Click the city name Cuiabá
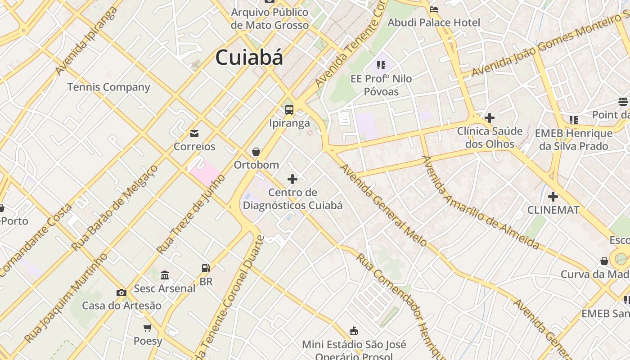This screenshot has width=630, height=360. [249, 58]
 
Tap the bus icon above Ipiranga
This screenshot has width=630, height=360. [289, 109]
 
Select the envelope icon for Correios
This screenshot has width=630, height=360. [194, 134]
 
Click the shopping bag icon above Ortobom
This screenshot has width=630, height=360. [256, 152]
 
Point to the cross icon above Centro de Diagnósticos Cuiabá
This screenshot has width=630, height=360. [292, 180]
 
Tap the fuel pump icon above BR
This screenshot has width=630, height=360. [206, 268]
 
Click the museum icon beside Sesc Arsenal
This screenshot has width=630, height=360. [165, 275]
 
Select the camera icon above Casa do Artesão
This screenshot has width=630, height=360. [121, 293]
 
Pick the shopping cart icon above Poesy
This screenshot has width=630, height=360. [147, 328]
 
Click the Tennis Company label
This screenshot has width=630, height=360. [108, 87]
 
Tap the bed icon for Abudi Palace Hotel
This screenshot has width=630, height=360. [434, 9]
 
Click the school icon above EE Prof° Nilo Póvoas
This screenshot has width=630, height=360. [381, 66]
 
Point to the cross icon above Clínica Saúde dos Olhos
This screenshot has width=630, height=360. [490, 118]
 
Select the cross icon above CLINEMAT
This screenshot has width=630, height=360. [553, 197]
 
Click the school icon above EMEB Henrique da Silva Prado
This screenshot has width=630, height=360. [573, 120]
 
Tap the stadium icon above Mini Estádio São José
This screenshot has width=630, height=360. [354, 331]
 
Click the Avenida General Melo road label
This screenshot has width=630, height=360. [383, 205]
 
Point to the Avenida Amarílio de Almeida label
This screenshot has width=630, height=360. [480, 202]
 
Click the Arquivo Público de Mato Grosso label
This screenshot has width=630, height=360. [270, 18]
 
